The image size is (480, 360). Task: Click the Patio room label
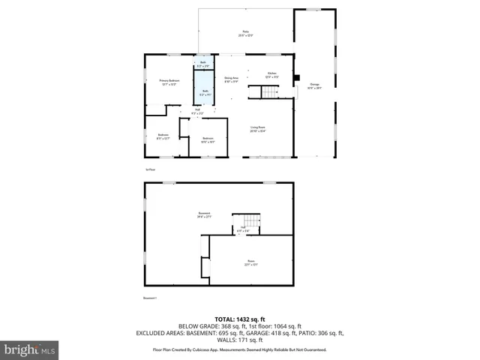(245, 34)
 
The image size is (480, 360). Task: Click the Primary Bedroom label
(169, 82)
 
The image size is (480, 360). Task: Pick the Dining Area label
(231, 79)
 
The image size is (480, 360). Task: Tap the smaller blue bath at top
(202, 64)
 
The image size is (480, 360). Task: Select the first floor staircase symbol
(269, 92)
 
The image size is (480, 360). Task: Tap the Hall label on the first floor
(197, 112)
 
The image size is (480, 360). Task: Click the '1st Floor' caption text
(151, 169)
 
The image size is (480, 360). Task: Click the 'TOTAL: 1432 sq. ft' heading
(239, 318)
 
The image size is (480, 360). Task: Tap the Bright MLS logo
(30, 349)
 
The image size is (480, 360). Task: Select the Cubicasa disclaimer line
(239, 349)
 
